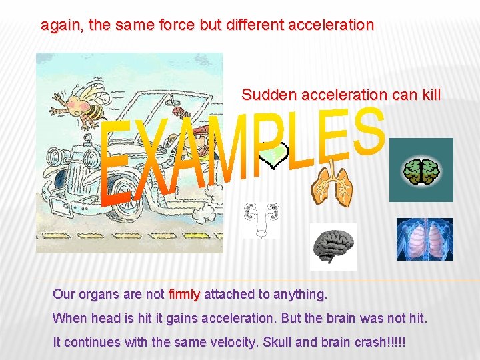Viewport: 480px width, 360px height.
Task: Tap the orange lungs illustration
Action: click(330, 187)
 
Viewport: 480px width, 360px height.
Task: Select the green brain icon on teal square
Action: click(421, 171)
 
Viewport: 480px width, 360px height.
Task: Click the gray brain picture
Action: click(333, 246)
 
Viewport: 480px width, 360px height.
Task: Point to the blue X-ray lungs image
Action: click(425, 239)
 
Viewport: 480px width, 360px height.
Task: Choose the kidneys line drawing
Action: click(261, 219)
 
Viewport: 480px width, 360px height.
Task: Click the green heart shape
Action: click(273, 155)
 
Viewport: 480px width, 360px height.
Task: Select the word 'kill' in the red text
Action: click(431, 95)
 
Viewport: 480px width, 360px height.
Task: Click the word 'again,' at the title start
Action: click(62, 26)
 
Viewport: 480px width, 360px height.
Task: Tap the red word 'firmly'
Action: click(185, 294)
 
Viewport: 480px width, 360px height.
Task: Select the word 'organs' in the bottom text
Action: click(99, 294)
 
